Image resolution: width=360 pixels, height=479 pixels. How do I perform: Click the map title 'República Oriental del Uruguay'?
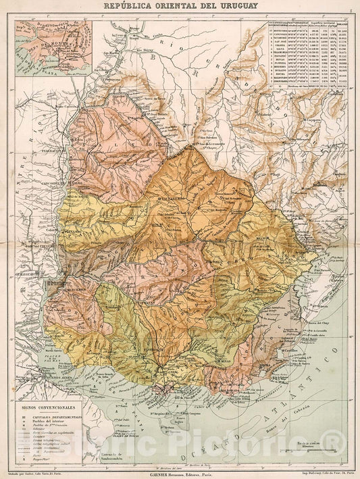180,6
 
